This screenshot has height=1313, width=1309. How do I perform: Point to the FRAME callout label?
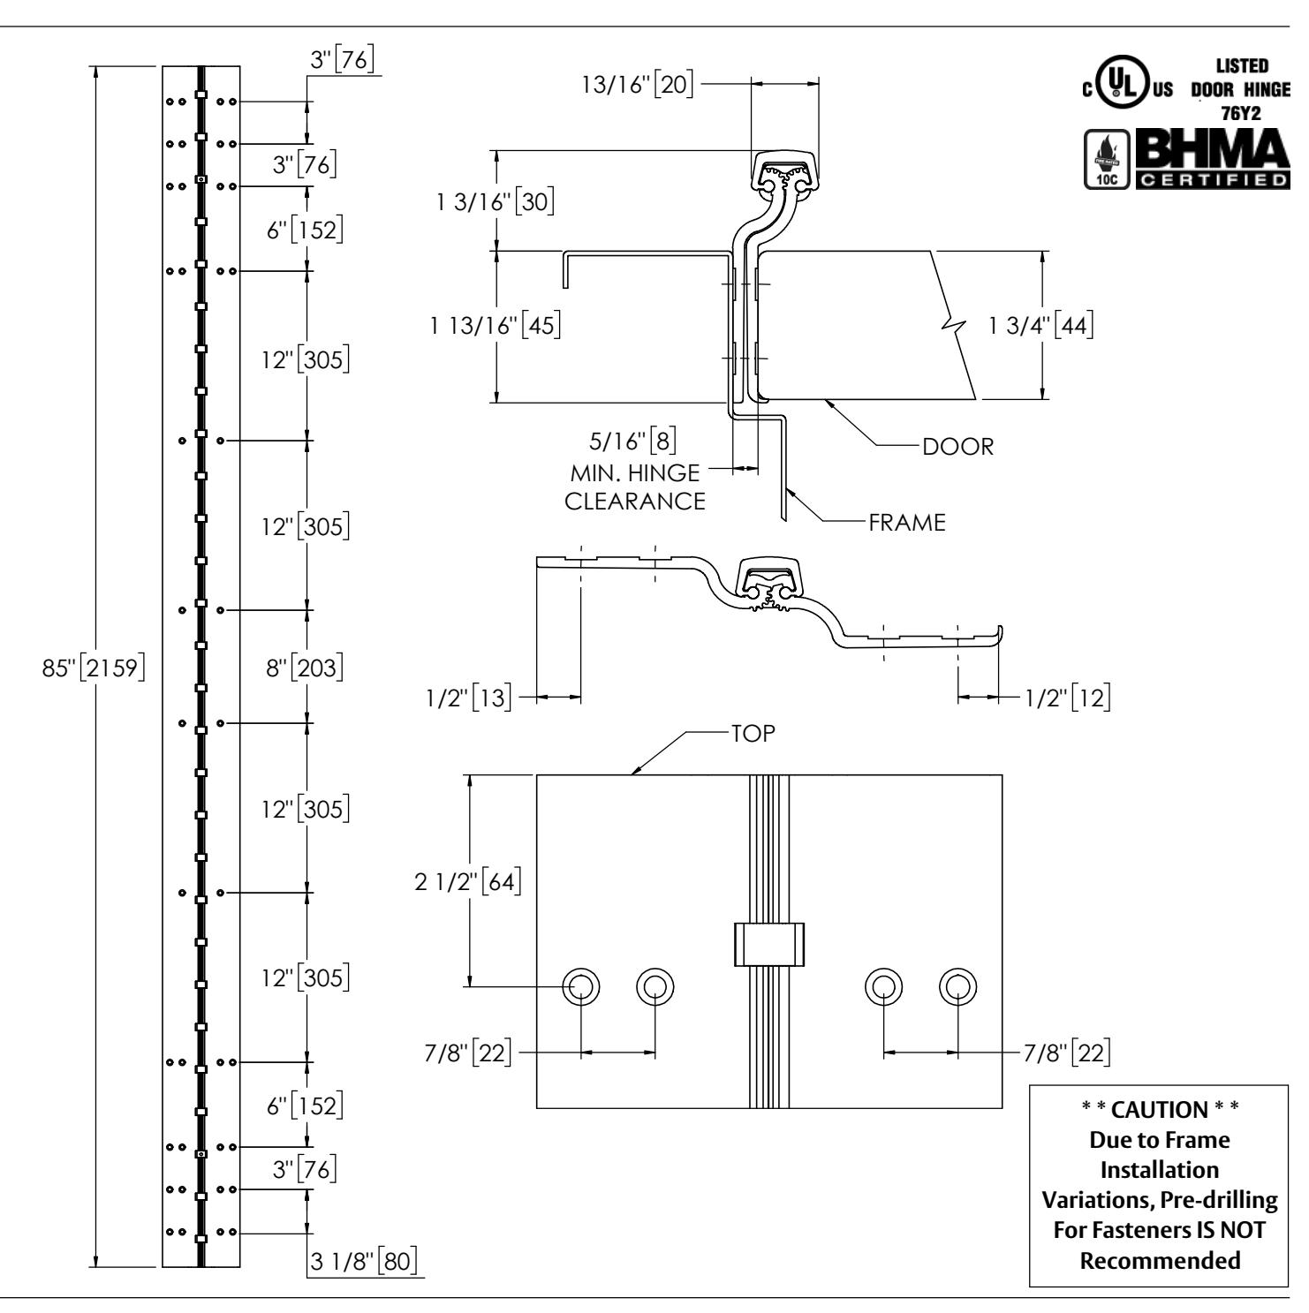click(906, 522)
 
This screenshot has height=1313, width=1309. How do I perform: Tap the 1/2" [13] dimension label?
click(465, 698)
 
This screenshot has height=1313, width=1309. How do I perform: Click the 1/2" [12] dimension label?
click(1067, 698)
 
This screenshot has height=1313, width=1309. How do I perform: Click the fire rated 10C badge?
click(1106, 160)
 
